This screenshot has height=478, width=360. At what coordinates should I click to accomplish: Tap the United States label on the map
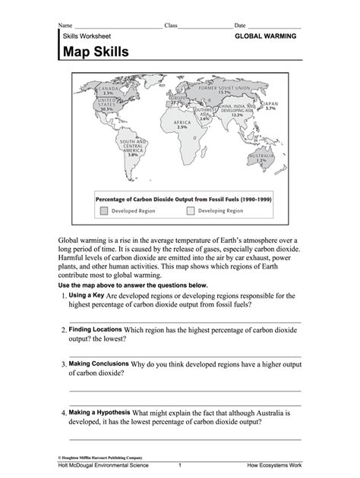click(x=106, y=104)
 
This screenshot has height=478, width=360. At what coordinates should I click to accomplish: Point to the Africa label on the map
click(x=182, y=124)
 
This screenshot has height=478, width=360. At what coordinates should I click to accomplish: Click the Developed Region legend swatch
click(x=103, y=210)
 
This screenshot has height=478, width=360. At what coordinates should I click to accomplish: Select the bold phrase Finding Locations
click(x=95, y=330)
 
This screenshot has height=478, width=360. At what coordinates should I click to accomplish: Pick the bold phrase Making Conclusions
click(x=99, y=363)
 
